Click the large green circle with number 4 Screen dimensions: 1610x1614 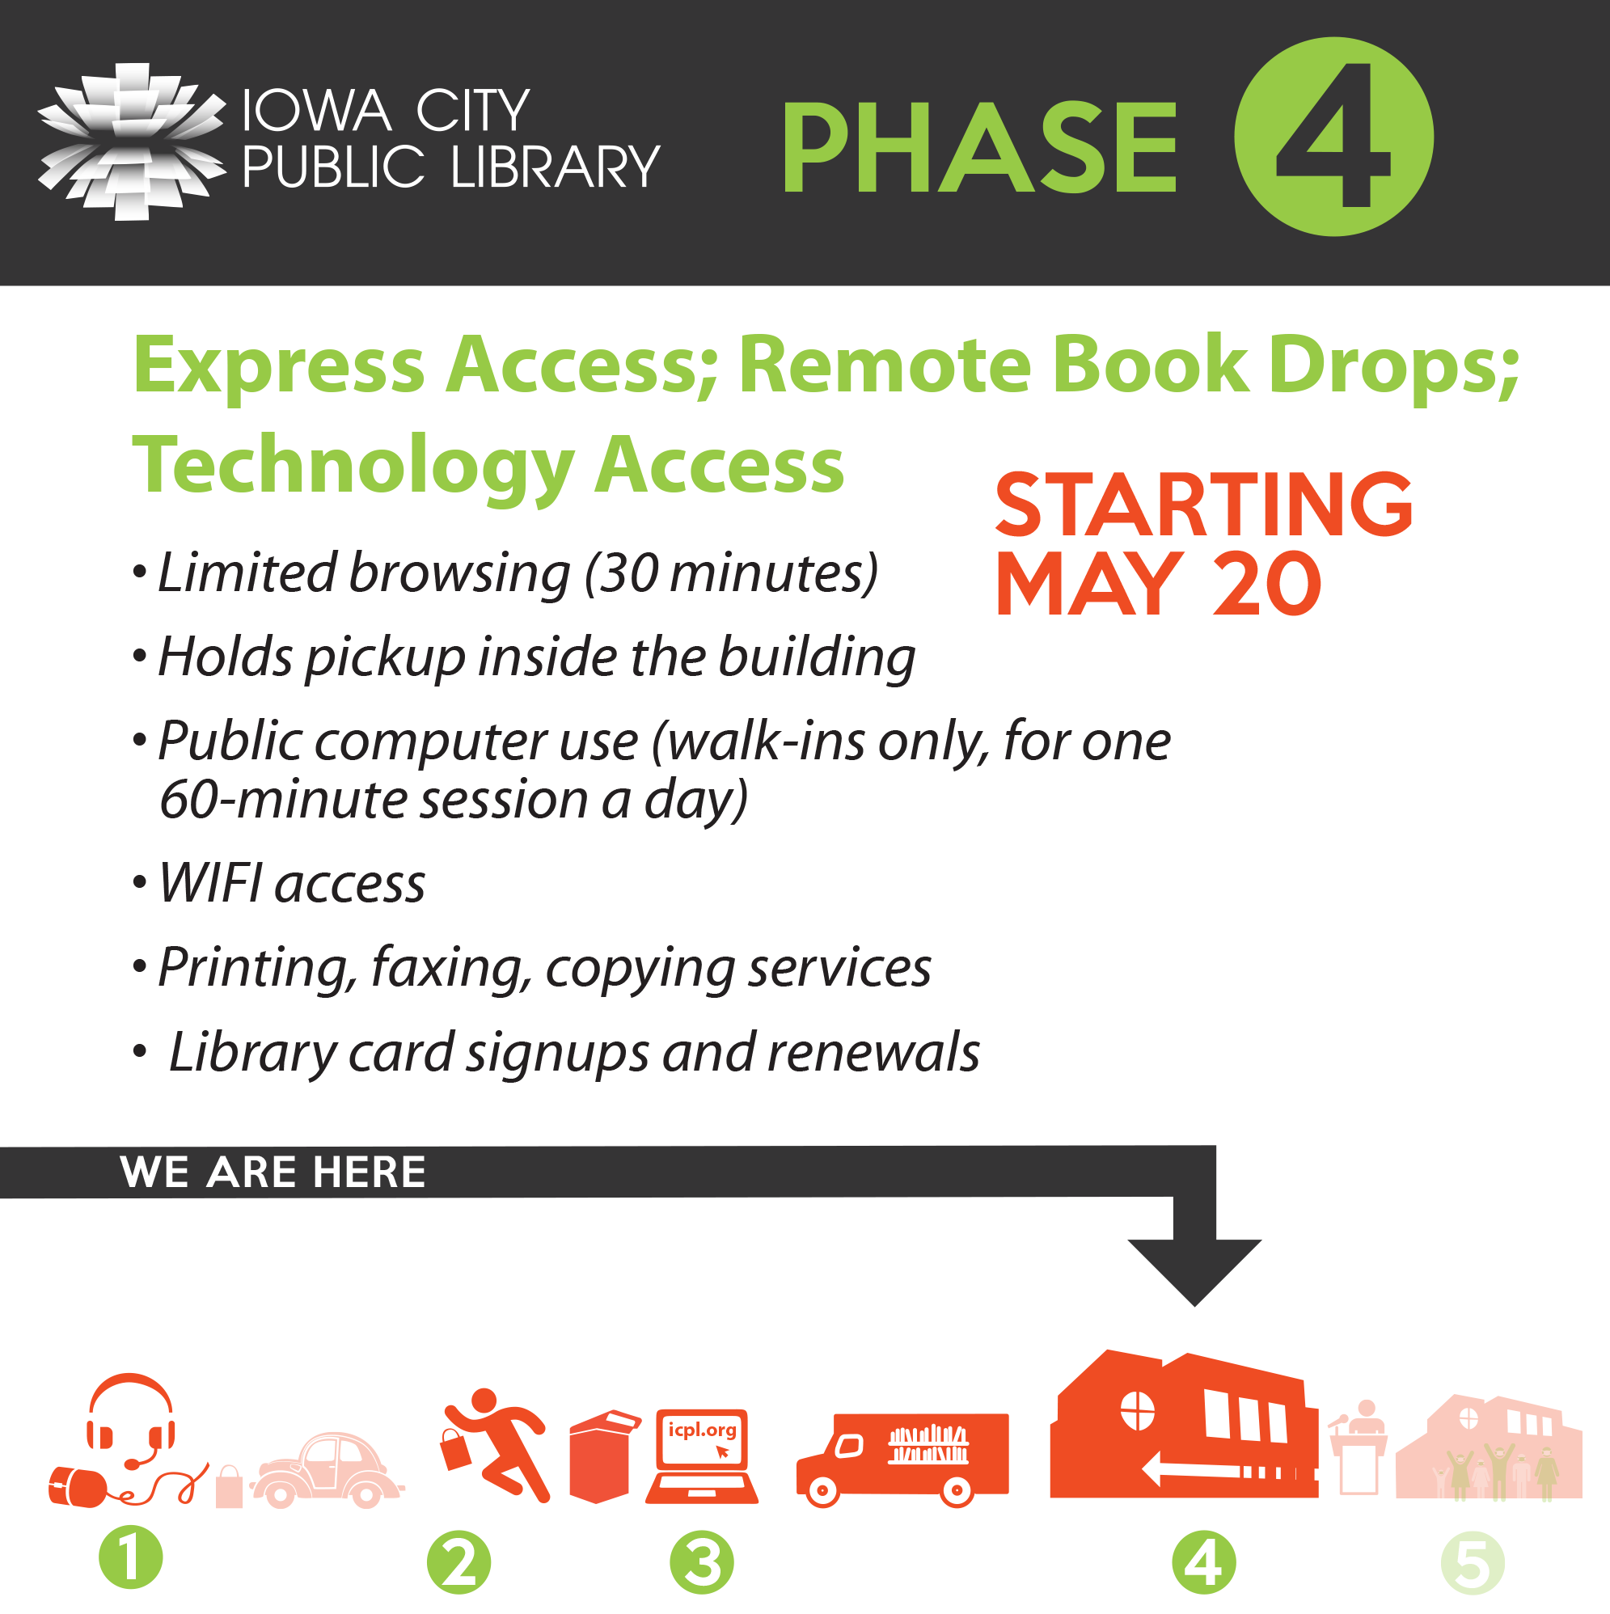tap(1333, 136)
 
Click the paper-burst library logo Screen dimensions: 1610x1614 tap(131, 142)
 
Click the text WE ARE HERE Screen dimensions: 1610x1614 tap(273, 1171)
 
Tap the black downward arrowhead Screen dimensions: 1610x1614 tap(1194, 1272)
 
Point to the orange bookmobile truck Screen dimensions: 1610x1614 tap(903, 1460)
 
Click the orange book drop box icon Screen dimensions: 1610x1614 tap(602, 1457)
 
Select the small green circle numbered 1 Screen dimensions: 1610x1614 tap(130, 1557)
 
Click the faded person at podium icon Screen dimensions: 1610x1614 tap(1359, 1447)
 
